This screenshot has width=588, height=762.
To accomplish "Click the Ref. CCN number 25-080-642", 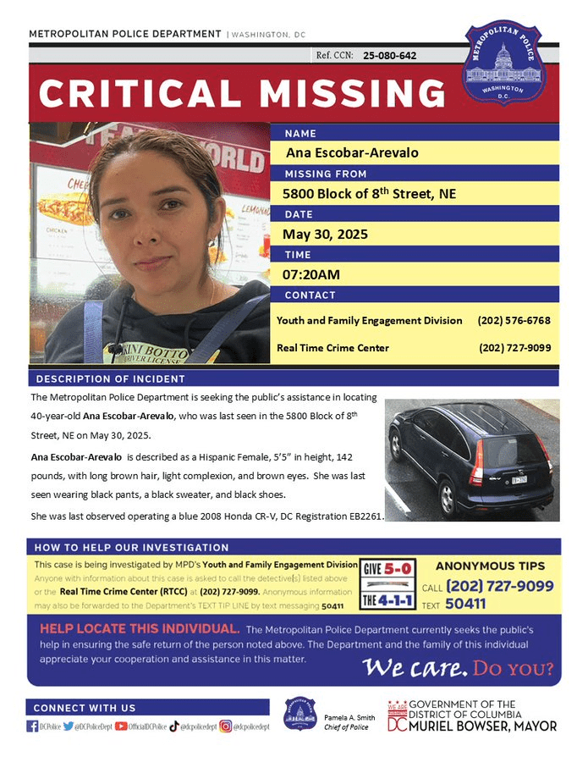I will [x=389, y=55].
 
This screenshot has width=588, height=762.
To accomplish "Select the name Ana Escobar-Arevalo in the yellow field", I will [x=340, y=153].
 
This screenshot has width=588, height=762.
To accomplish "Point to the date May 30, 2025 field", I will [x=325, y=234].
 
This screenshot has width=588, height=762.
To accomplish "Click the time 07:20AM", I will [x=312, y=274].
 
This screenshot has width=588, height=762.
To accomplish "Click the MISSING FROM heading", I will [x=326, y=174].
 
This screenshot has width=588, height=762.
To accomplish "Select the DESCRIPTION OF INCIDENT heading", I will [x=111, y=378].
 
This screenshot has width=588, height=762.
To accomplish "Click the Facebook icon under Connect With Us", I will [x=31, y=726].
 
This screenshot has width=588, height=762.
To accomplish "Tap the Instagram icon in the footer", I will [x=225, y=726].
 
